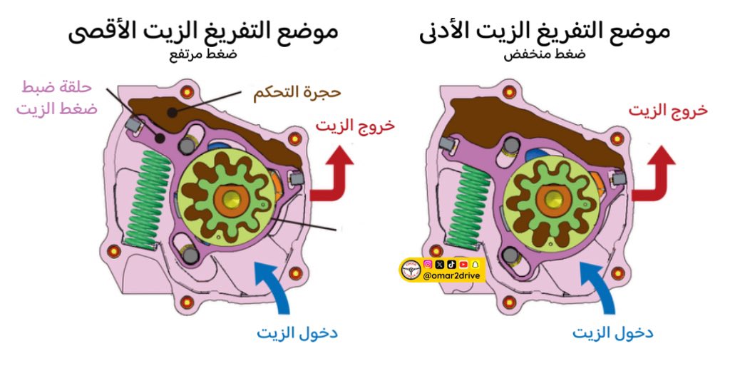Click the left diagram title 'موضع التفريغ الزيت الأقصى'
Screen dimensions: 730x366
click(203, 32)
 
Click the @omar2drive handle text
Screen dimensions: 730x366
click(453, 277)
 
